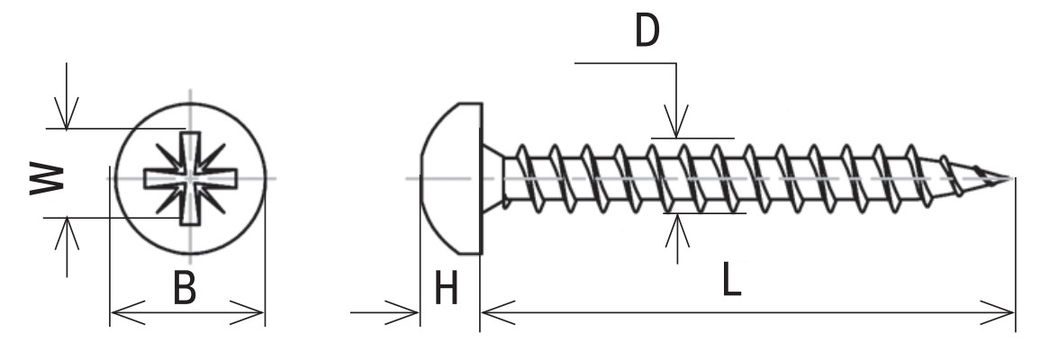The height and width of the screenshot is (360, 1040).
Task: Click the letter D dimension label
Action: pyautogui.click(x=647, y=31)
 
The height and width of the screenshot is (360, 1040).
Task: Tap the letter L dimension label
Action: pyautogui.click(x=731, y=280)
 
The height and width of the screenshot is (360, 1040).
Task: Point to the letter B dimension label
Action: pyautogui.click(x=185, y=288)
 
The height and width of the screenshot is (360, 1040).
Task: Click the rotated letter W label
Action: pyautogui.click(x=47, y=178)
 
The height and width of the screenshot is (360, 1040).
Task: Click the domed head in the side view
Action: pyautogui.click(x=451, y=178)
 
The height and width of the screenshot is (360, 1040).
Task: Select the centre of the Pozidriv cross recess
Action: pyautogui.click(x=190, y=177)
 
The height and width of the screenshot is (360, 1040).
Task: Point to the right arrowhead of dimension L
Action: pyautogui.click(x=998, y=312)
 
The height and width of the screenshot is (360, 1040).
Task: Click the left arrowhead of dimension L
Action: pyautogui.click(x=498, y=312)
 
